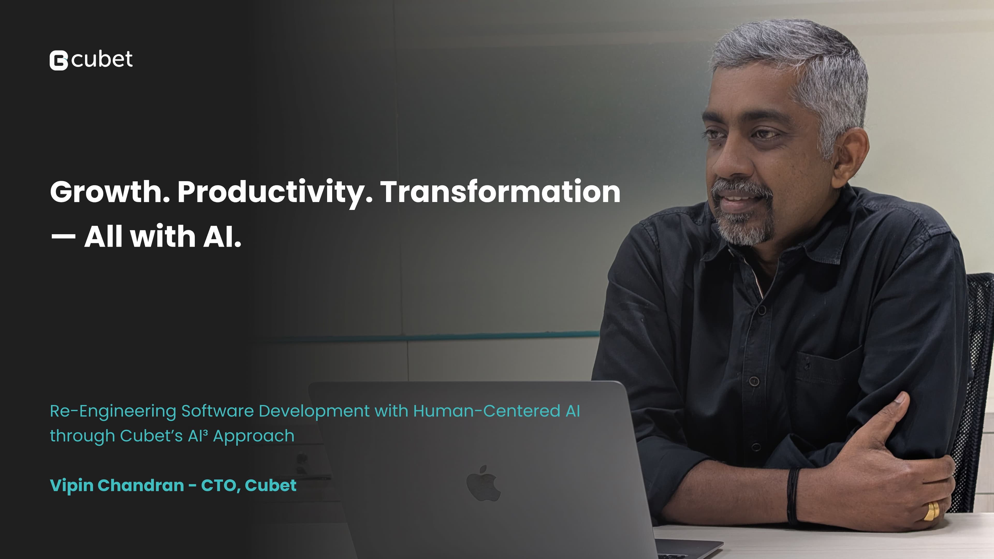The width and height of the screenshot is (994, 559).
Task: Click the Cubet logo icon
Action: pos(59,61)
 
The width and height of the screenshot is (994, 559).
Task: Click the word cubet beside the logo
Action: pos(102,60)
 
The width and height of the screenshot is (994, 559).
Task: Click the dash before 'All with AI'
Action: pos(63,237)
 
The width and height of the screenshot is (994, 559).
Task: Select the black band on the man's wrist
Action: pos(793,496)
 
